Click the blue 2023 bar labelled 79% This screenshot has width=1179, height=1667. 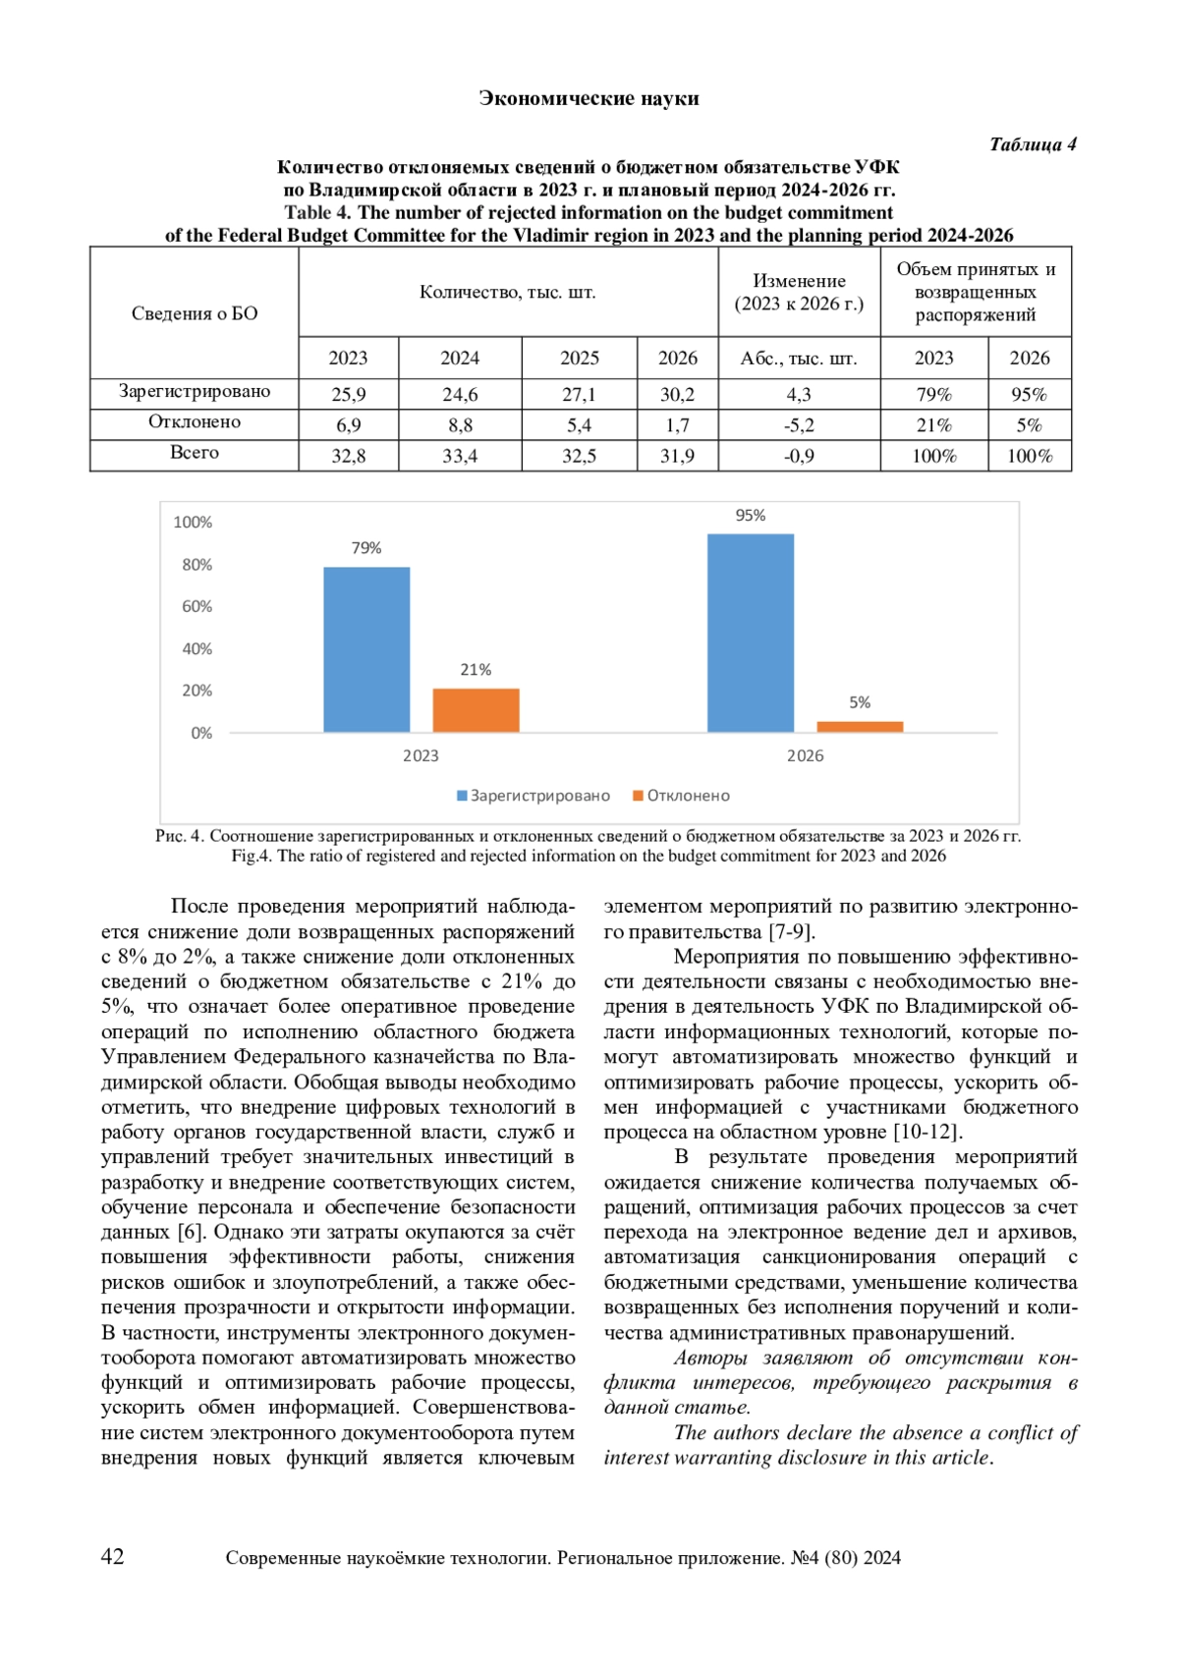pyautogui.click(x=366, y=649)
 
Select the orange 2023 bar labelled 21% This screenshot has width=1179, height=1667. pyautogui.click(x=476, y=710)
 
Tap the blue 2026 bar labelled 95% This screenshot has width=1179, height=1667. pyautogui.click(x=751, y=633)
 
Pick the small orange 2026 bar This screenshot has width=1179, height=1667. pyautogui.click(x=860, y=727)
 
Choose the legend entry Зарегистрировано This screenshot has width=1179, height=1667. pyautogui.click(x=533, y=796)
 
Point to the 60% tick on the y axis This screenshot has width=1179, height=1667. pyautogui.click(x=196, y=607)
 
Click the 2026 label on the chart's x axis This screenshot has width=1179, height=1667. pyautogui.click(x=805, y=755)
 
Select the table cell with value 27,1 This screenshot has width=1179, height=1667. pyautogui.click(x=579, y=394)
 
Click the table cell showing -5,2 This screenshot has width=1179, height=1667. pyautogui.click(x=799, y=425)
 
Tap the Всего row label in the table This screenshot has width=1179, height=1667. pyautogui.click(x=195, y=453)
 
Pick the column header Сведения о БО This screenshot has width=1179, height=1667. pyautogui.click(x=195, y=313)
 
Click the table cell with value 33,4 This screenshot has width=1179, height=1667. pyautogui.click(x=460, y=456)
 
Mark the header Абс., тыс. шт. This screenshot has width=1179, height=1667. pyautogui.click(x=799, y=359)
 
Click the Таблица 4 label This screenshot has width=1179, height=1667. pyautogui.click(x=1033, y=144)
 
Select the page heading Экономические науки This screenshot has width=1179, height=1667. pyautogui.click(x=589, y=98)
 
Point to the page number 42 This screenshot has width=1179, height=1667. pyautogui.click(x=113, y=1556)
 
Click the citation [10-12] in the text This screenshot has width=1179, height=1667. pyautogui.click(x=926, y=1132)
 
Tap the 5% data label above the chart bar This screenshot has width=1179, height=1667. pyautogui.click(x=860, y=702)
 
